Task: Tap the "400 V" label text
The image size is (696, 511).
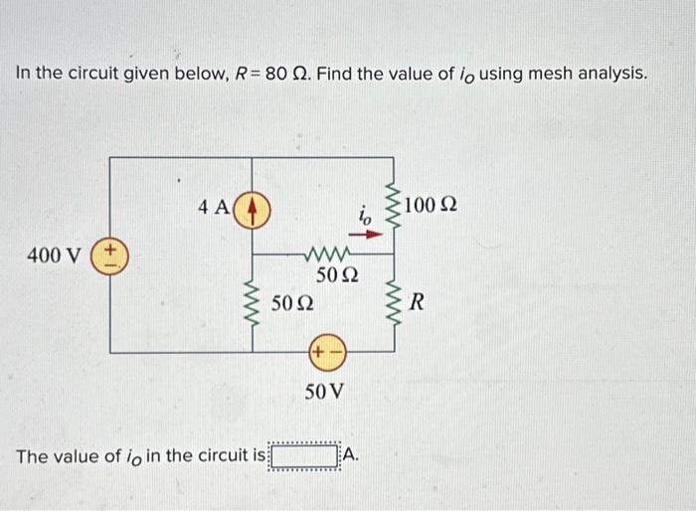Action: tap(56, 255)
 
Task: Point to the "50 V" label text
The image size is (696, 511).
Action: tap(325, 391)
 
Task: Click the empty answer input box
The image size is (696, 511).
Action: tap(306, 456)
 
